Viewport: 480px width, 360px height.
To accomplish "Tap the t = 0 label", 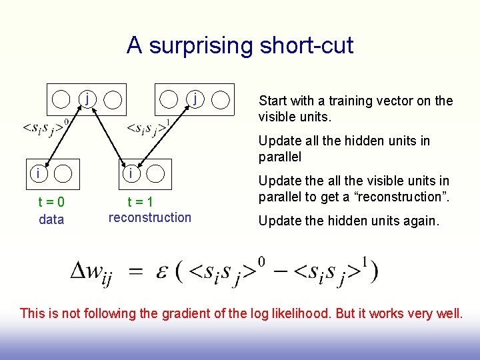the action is tap(51, 203).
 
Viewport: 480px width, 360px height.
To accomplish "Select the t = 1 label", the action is tap(141, 203).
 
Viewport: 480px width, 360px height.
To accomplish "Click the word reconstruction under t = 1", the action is tap(149, 217).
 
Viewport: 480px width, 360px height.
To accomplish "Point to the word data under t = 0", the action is tap(51, 219).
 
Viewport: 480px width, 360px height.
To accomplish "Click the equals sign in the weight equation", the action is tap(136, 271).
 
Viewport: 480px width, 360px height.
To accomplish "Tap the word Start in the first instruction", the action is tap(273, 101).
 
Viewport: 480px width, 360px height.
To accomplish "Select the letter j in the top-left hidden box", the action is tap(87, 98).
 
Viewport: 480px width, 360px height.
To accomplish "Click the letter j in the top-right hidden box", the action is tap(194, 98).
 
